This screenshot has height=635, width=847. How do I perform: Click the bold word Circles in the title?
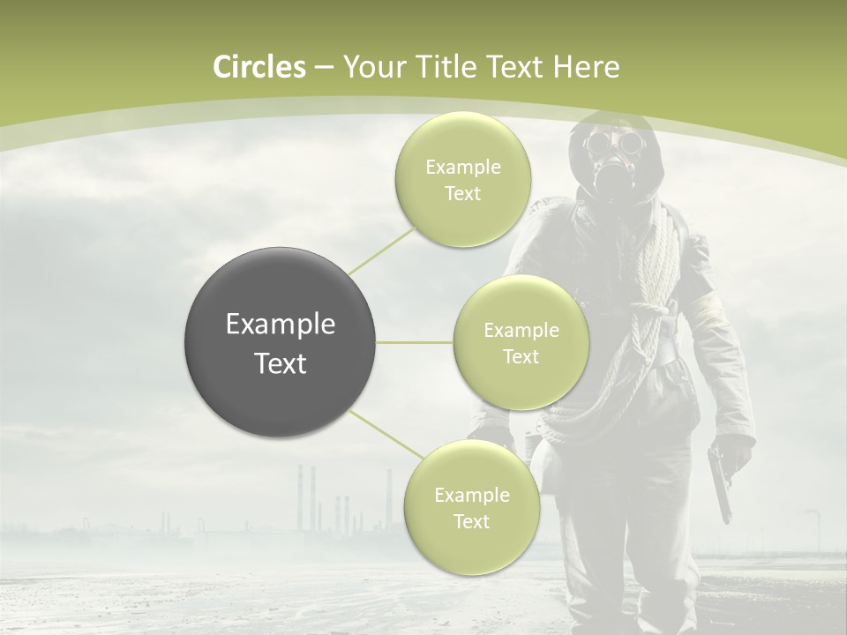(x=259, y=67)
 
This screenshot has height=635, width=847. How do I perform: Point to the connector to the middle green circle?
(x=415, y=342)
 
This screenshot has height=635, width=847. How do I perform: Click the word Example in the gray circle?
(x=281, y=325)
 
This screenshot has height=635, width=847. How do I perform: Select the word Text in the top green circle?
(x=462, y=194)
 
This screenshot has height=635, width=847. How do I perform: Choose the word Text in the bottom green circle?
(x=471, y=522)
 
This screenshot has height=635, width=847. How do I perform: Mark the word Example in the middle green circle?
(x=521, y=331)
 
